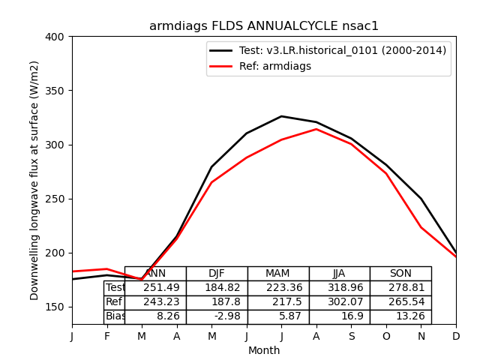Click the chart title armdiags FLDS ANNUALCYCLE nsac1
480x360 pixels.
click(x=264, y=26)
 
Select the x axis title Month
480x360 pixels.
click(x=264, y=350)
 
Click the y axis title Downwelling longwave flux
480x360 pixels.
click(x=35, y=181)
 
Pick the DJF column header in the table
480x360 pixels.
click(x=217, y=274)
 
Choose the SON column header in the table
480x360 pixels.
click(x=400, y=274)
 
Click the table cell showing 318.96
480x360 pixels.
click(x=340, y=288)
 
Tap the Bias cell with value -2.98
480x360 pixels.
click(x=217, y=316)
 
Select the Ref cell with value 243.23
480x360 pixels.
click(x=155, y=302)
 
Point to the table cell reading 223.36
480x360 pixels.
click(x=278, y=288)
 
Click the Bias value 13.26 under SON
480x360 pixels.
click(x=400, y=316)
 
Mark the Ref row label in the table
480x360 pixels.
click(x=114, y=302)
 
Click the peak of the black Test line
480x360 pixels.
click(x=281, y=116)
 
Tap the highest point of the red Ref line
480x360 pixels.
click(x=316, y=129)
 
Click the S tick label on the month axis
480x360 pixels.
click(x=351, y=337)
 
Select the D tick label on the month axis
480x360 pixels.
click(x=456, y=337)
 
